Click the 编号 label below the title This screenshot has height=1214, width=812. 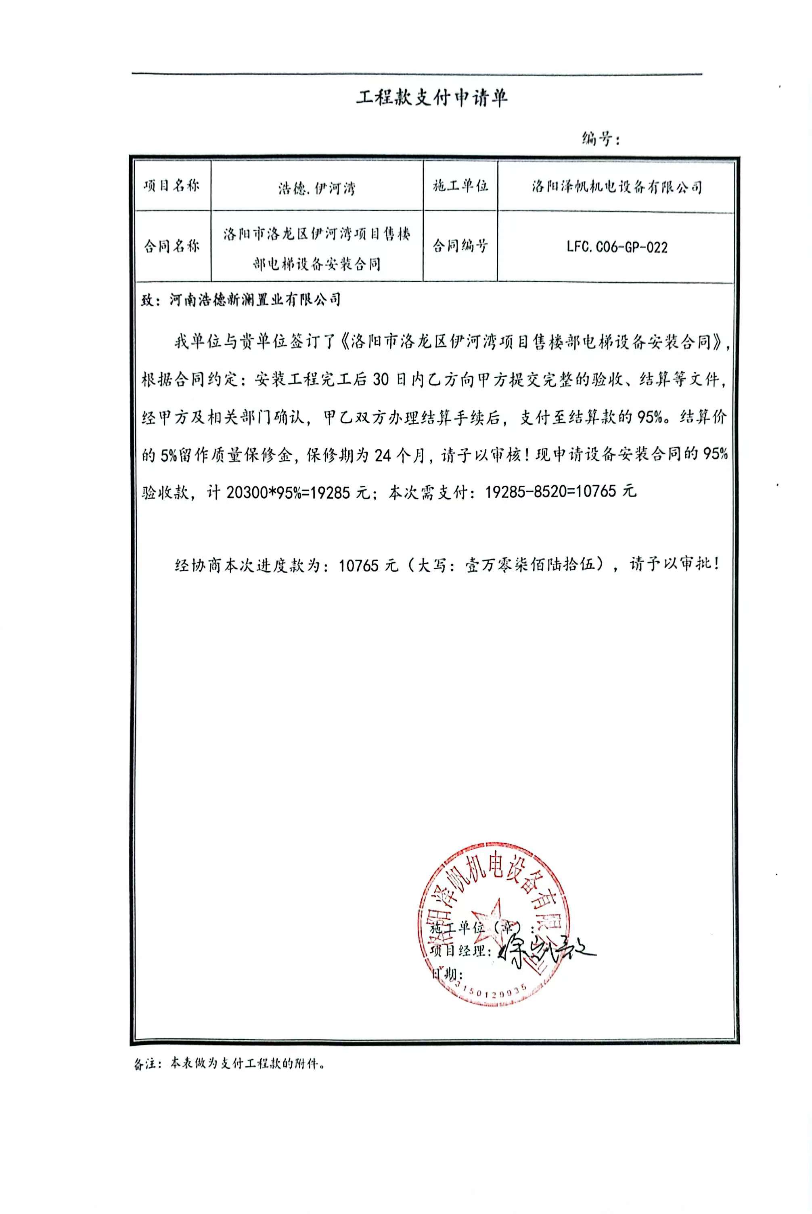600,139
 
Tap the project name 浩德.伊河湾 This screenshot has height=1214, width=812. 316,189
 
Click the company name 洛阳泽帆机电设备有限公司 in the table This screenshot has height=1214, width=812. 616,187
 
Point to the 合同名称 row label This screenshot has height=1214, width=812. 172,246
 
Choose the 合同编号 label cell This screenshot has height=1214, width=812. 460,246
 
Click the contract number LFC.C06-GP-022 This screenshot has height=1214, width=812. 616,247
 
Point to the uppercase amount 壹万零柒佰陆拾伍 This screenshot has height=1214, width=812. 534,564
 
